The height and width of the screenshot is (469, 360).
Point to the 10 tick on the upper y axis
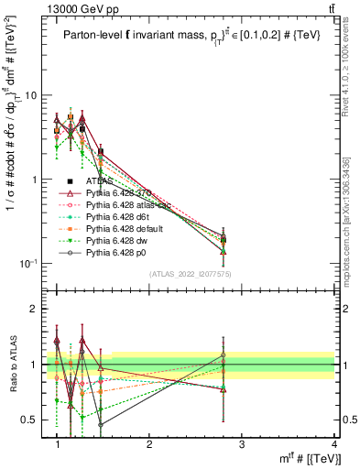click(x=33, y=95)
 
